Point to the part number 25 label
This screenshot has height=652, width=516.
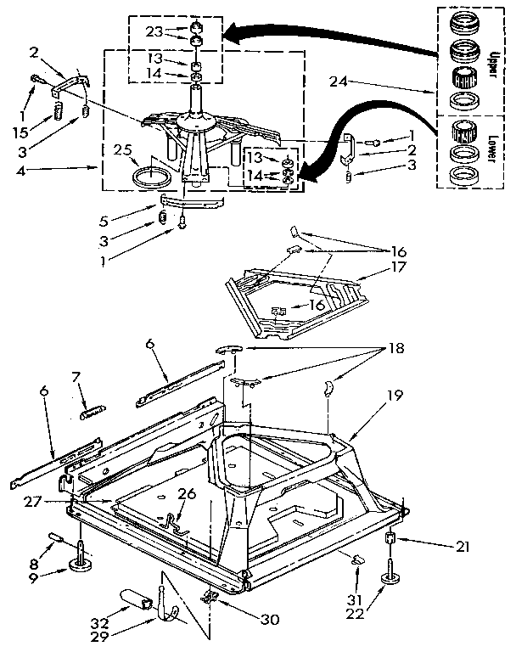[x=125, y=150]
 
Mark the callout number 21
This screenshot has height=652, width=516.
[x=461, y=547]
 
